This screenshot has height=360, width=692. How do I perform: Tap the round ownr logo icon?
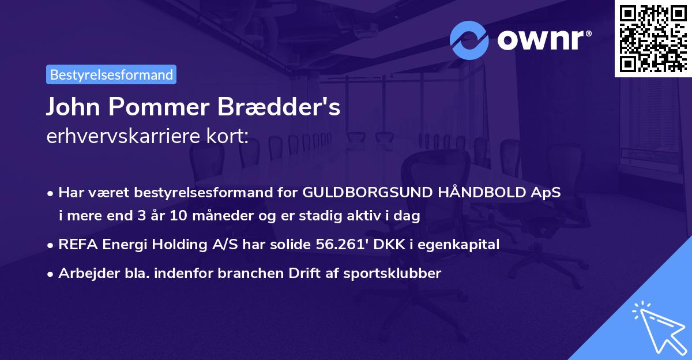tap(470, 40)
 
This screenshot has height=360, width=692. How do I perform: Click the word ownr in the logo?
tap(539, 40)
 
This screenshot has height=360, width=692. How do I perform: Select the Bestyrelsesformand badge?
tap(111, 74)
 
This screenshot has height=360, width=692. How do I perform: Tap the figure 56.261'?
tap(341, 245)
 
